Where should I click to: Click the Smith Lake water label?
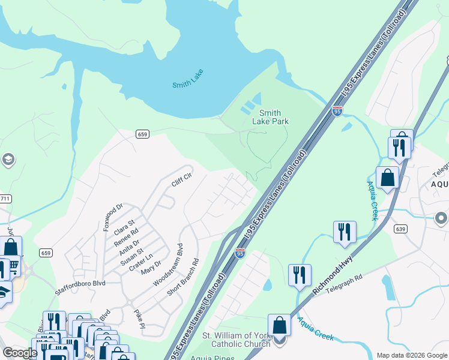coord(187,85)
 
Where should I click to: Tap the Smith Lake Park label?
coord(273,117)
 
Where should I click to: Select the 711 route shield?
coord(4,199)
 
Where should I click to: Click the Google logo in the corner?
coord(19,352)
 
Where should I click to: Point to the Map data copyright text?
coord(411,355)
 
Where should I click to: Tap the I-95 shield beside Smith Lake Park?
coord(337,111)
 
